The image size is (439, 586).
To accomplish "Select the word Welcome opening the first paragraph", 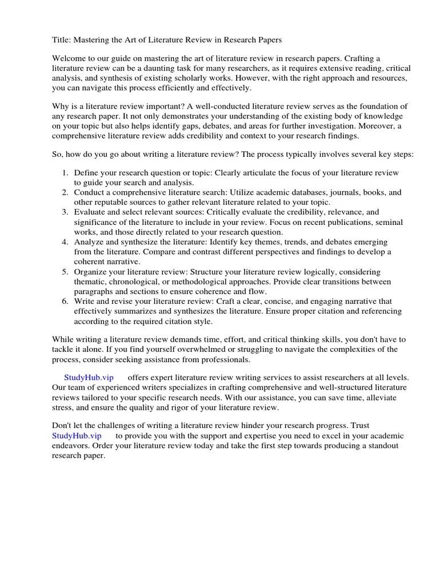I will tap(71, 59).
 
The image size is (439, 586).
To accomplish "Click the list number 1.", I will tap(65, 173).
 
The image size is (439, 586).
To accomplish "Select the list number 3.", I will tap(65, 212).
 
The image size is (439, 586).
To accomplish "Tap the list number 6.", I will tap(65, 302).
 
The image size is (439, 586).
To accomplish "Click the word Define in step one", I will tap(86, 173).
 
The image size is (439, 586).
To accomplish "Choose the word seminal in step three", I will tap(388, 222).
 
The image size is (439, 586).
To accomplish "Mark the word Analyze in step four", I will tap(89, 242).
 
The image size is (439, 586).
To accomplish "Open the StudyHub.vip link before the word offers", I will tap(89, 378).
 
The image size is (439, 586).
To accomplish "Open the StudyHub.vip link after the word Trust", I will tap(77, 435).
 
